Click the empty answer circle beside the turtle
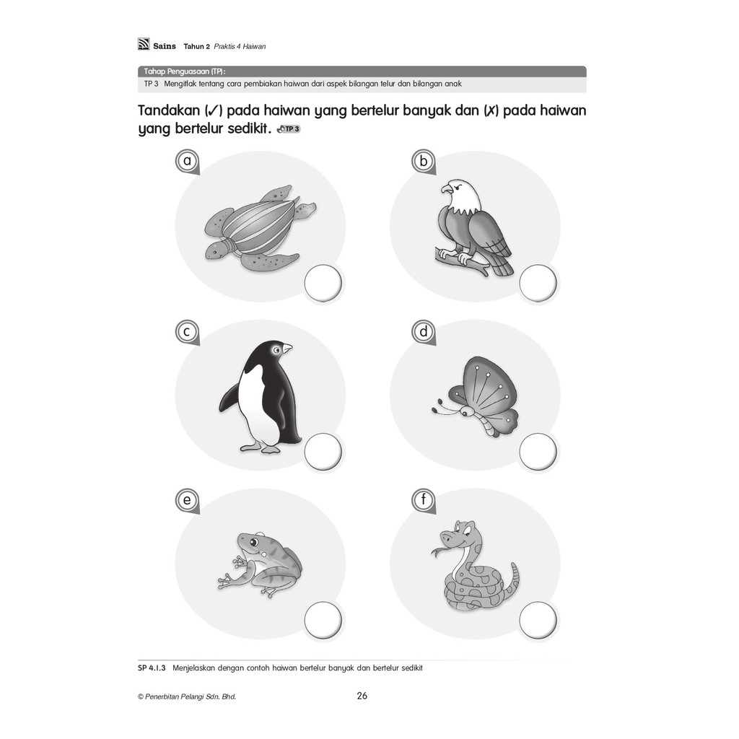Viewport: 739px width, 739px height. point(323,283)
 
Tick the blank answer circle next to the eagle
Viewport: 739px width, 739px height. point(538,283)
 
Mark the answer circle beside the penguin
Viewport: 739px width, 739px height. point(323,452)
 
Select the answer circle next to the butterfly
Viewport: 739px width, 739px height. point(538,452)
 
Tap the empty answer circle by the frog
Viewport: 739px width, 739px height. point(323,620)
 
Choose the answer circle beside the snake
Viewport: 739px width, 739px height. point(538,620)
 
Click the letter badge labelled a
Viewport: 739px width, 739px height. point(187,161)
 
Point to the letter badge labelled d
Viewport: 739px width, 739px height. point(423,332)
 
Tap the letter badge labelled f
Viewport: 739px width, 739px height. point(423,499)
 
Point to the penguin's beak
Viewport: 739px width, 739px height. point(287,349)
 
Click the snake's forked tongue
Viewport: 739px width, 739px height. point(438,551)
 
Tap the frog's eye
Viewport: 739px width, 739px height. point(254,541)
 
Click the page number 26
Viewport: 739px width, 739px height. point(362,696)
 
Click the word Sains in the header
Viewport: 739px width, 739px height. point(165,46)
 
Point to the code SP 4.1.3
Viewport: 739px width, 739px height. point(152,668)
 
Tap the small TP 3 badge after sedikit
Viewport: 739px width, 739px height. point(289,128)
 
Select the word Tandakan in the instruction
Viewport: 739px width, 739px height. point(169,110)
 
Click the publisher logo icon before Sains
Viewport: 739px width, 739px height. point(144,44)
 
